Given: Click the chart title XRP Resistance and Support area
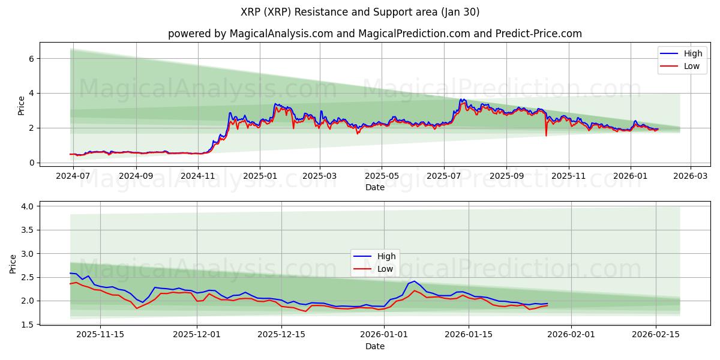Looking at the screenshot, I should [359, 12].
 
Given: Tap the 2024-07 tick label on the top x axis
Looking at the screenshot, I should [73, 176].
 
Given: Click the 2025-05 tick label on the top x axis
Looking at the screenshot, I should [382, 176].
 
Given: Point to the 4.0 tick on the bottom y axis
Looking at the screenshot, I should [28, 206].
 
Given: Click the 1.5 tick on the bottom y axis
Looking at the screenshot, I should [28, 325].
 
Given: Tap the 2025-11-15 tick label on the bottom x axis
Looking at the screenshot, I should [100, 335].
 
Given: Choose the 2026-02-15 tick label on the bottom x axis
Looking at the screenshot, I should [656, 335].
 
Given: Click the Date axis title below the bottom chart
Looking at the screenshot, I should [375, 346].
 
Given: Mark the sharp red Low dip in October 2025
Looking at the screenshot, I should [546, 135].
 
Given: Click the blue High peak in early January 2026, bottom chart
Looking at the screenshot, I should [414, 281].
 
